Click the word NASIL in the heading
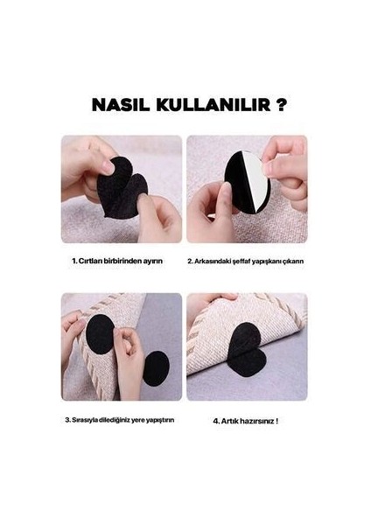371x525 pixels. (121, 105)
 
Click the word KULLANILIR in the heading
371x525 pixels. (213, 105)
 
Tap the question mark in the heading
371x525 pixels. (282, 105)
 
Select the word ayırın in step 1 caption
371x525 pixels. (153, 261)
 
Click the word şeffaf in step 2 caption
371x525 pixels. (241, 261)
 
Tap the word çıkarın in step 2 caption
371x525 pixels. (292, 261)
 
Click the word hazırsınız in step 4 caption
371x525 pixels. (256, 421)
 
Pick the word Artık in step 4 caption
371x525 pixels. (229, 421)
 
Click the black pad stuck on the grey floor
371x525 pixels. (156, 368)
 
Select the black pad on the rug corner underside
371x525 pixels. (99, 334)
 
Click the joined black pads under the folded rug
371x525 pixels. (247, 349)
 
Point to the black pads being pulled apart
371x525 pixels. (122, 188)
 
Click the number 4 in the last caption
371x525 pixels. (216, 421)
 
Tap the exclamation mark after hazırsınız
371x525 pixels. (276, 421)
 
